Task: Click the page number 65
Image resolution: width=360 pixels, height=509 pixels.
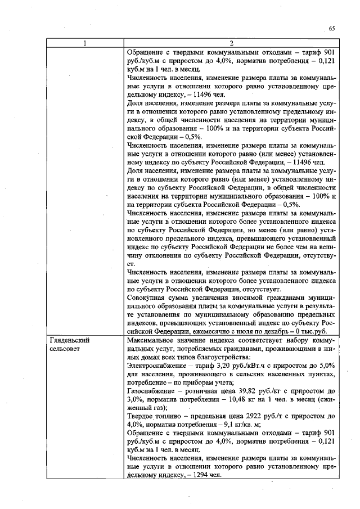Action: [x=332, y=28]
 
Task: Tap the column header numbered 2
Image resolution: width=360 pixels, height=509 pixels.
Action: [x=232, y=43]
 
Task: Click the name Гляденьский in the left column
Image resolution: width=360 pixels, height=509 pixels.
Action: [x=70, y=341]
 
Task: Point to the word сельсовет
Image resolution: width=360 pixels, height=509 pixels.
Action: [x=66, y=349]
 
